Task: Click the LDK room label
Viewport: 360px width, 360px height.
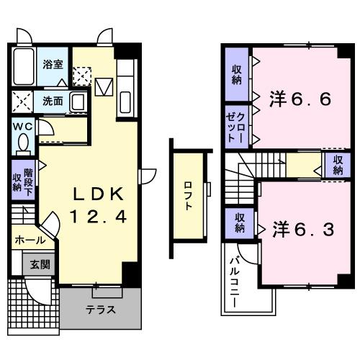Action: pos(100,194)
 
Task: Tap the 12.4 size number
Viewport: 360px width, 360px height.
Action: pos(100,215)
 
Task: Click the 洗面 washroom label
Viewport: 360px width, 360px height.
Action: pos(52,102)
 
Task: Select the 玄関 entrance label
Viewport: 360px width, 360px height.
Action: pos(40,264)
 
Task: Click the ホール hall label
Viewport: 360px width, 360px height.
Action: pos(30,240)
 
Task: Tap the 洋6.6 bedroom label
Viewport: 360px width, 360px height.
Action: pos(301,99)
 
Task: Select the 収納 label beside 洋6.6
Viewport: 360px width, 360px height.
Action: pos(236,74)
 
